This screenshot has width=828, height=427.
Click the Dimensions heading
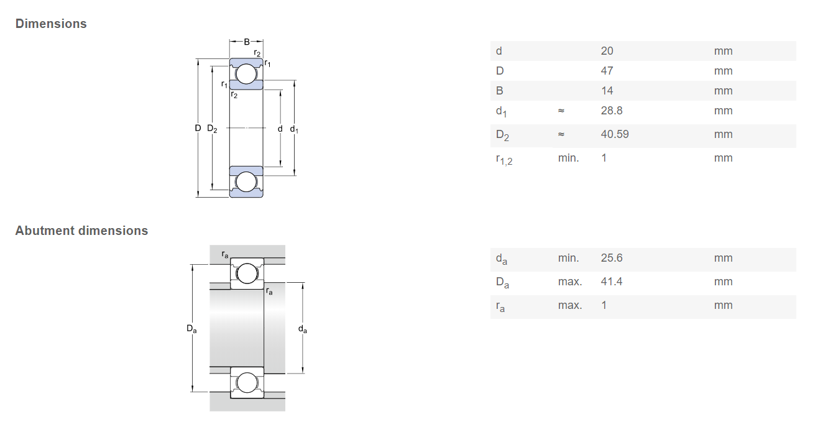(x=51, y=24)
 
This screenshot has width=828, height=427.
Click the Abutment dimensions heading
(x=81, y=231)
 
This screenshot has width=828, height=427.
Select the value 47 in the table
(x=607, y=71)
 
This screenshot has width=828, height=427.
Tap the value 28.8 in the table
(x=612, y=111)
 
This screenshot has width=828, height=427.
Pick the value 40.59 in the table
(x=615, y=134)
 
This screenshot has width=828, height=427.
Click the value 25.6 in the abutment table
(x=612, y=258)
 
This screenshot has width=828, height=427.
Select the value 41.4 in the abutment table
(x=612, y=282)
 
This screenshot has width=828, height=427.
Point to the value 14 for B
(x=607, y=91)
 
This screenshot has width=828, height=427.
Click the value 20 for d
(x=607, y=50)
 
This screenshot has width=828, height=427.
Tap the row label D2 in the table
(x=502, y=135)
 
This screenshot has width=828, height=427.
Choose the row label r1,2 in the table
(x=504, y=160)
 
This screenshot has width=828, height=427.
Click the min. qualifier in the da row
(x=569, y=258)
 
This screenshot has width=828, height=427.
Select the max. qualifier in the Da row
(x=570, y=282)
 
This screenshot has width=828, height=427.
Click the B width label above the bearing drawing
(x=247, y=42)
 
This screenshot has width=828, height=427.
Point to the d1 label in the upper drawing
(x=294, y=129)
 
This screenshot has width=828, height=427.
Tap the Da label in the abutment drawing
(x=191, y=329)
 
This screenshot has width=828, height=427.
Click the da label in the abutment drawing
(x=303, y=329)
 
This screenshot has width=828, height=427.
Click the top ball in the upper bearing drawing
(x=246, y=74)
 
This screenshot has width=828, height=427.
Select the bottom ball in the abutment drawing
(x=247, y=383)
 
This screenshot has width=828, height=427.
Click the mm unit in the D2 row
(x=724, y=134)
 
